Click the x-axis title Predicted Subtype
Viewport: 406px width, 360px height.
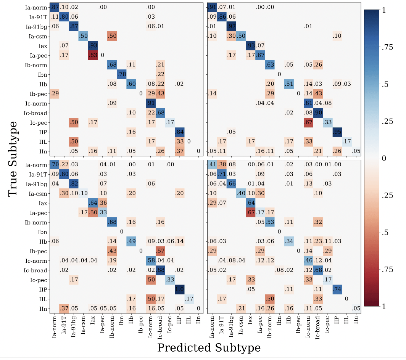[209, 347]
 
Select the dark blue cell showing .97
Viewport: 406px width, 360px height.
[231, 26]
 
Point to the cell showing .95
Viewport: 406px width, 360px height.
[336, 132]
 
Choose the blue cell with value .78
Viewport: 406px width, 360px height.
[122, 74]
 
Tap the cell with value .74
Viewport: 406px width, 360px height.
[336, 289]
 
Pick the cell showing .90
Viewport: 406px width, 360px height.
[317, 112]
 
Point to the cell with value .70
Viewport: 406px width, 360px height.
[55, 165]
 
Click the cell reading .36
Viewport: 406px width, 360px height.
[102, 203]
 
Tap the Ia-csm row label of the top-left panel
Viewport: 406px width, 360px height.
[37, 36]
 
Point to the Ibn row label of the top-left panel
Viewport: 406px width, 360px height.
[42, 74]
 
